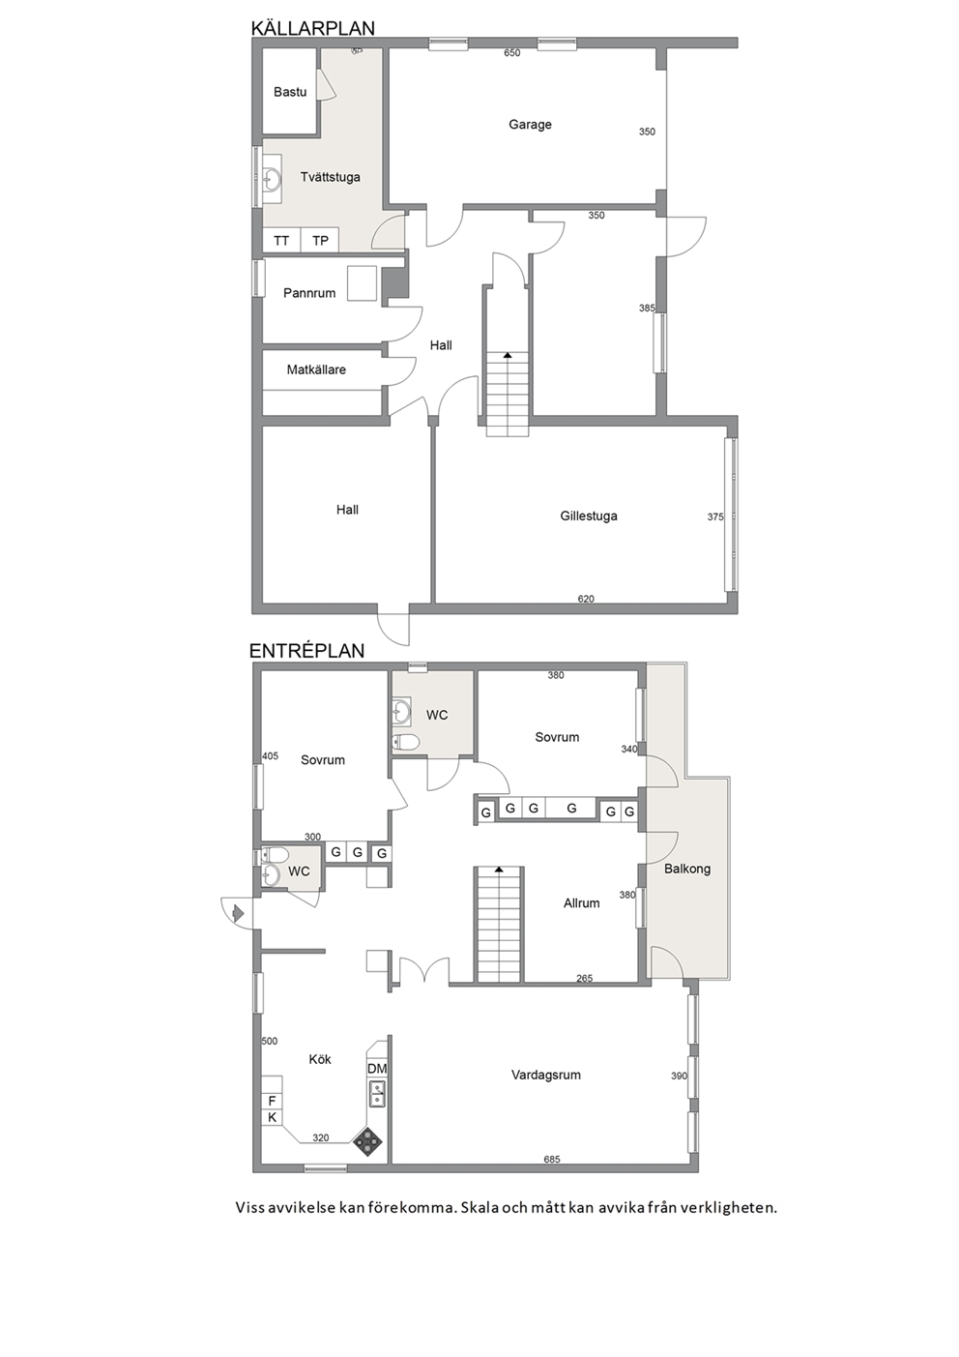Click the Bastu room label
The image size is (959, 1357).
click(x=290, y=92)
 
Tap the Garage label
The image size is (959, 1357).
click(x=530, y=124)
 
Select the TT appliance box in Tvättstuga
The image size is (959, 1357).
click(x=281, y=241)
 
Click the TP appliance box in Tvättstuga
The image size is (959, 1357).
click(x=320, y=241)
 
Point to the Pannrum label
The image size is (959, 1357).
click(x=309, y=293)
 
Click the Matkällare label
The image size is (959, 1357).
click(x=316, y=369)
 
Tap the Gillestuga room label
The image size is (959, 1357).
click(x=589, y=516)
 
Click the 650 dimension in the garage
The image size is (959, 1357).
click(x=512, y=52)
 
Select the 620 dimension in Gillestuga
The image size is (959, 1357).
click(x=586, y=599)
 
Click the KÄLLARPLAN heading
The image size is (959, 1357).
click(x=312, y=28)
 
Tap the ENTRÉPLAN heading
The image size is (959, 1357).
click(x=307, y=651)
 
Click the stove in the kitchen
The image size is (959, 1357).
click(x=368, y=1141)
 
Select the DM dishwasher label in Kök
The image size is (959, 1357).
click(x=377, y=1068)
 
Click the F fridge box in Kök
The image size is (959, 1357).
click(x=273, y=1101)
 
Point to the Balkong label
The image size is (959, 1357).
click(x=687, y=869)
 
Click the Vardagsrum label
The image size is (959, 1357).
click(x=546, y=1075)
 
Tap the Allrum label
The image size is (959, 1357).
click(x=581, y=903)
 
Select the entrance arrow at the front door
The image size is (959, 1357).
click(x=238, y=912)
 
